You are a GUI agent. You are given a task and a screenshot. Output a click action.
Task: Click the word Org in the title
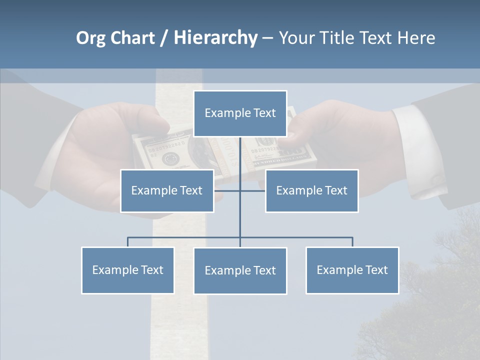point(90,38)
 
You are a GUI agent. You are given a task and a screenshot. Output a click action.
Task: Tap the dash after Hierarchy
point(267,39)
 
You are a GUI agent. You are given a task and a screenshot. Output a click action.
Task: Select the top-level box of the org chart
point(240,113)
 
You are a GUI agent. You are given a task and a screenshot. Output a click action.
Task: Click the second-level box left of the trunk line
point(167,190)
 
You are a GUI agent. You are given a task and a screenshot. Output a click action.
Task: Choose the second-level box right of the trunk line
point(311,190)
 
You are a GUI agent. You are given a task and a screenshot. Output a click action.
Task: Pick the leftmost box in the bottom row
point(127,270)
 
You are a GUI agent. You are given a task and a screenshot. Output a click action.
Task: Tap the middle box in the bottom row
point(240,270)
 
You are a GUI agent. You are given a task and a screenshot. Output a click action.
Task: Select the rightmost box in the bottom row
point(352,270)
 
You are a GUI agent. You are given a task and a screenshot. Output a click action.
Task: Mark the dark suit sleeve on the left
point(30,140)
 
